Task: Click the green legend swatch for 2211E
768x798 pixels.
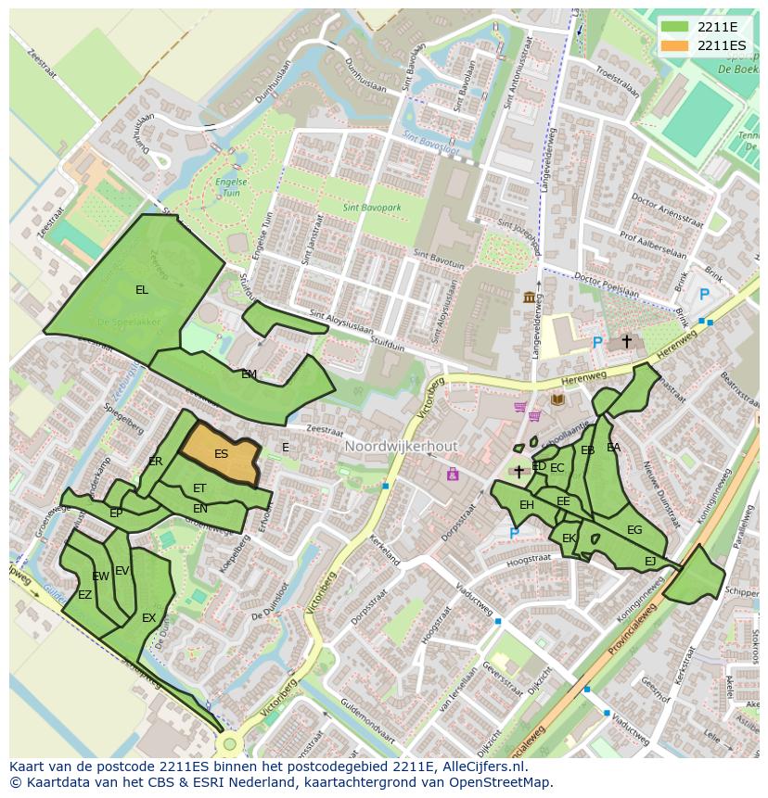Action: click(x=675, y=27)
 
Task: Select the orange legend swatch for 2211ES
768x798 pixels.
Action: click(x=675, y=45)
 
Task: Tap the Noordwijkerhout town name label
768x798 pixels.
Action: click(x=401, y=447)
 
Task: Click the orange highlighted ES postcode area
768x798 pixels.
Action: click(x=221, y=453)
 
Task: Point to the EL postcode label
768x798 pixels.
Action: click(x=141, y=290)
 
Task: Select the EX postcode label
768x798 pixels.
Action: click(x=148, y=618)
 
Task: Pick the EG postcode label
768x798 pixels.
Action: click(x=634, y=530)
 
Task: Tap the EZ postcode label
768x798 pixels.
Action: click(x=84, y=595)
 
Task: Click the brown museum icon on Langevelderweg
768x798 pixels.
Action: click(x=530, y=297)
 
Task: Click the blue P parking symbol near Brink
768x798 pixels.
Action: click(x=703, y=295)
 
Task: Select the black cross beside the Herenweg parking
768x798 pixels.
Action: click(x=626, y=341)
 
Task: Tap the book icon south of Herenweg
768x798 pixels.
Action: click(x=557, y=399)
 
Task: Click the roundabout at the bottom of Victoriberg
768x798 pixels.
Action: click(x=229, y=743)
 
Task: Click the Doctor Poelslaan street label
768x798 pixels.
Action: click(x=607, y=283)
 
